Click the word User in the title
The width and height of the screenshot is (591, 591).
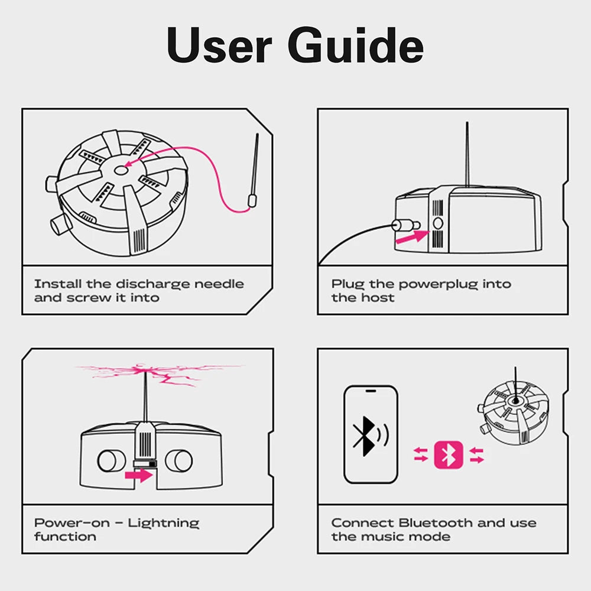220,46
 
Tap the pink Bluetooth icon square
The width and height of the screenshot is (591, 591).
449,454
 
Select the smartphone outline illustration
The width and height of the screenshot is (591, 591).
371,434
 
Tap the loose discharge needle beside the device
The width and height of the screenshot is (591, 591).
255,171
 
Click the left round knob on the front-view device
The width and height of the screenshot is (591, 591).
109,460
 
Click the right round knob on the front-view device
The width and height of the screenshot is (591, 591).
178,460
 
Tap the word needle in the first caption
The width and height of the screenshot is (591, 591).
219,284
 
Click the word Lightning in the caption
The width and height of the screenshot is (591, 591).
164,523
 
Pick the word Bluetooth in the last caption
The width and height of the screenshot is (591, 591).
436,523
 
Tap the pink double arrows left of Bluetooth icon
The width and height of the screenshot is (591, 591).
421,454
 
